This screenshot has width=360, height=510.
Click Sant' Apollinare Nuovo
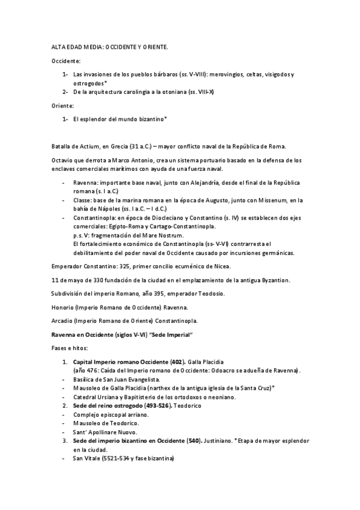104,432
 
